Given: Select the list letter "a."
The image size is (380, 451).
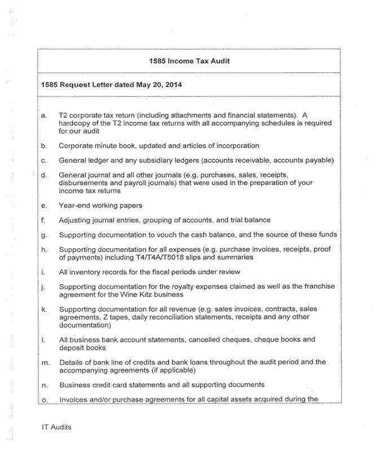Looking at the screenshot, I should [45, 115].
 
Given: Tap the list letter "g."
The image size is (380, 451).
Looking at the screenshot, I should [45, 235].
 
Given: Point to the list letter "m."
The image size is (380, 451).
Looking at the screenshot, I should [46, 362].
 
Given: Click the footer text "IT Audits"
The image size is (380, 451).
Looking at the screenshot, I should [56, 427].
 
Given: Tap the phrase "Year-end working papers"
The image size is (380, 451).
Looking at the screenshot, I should [100, 205].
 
